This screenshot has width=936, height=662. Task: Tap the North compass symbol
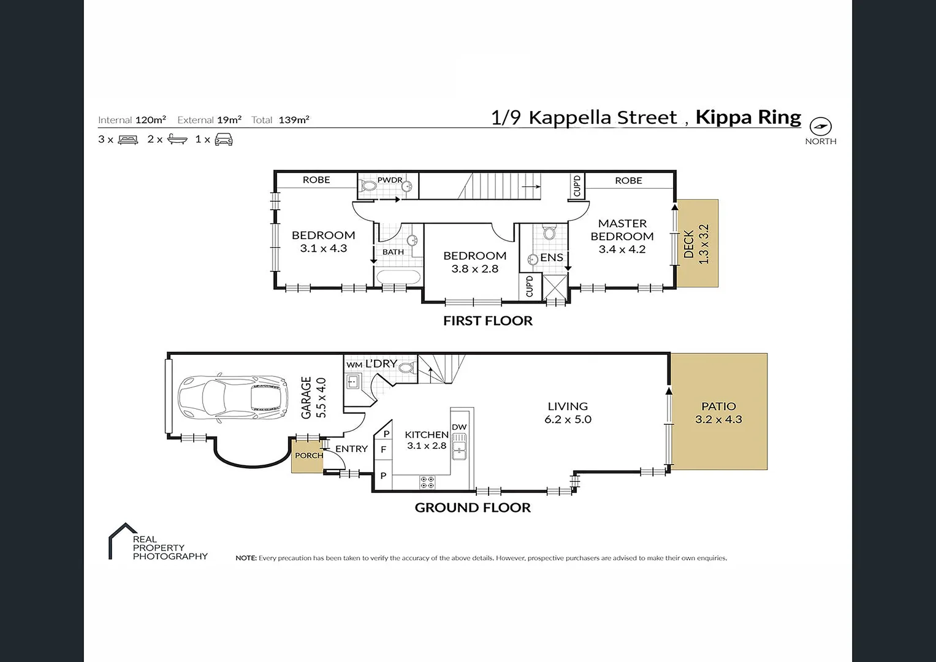pyautogui.click(x=821, y=126)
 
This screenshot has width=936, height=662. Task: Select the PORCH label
pyautogui.click(x=309, y=455)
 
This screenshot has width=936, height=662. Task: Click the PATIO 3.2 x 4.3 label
pyautogui.click(x=719, y=413)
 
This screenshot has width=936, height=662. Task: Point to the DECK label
pyautogui.click(x=688, y=244)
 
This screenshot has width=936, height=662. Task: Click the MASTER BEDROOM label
pyautogui.click(x=622, y=230)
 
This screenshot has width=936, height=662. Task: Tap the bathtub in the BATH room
pyautogui.click(x=397, y=276)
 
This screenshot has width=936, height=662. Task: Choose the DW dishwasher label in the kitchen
pyautogui.click(x=459, y=427)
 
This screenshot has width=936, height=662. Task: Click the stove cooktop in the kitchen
pyautogui.click(x=427, y=482)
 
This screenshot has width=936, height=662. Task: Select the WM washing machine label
pyautogui.click(x=354, y=365)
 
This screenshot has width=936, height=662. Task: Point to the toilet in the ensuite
pyautogui.click(x=549, y=233)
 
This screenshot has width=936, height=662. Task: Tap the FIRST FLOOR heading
pyautogui.click(x=488, y=321)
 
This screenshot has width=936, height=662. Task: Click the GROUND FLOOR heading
pyautogui.click(x=473, y=508)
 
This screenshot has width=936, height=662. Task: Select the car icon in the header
pyautogui.click(x=224, y=139)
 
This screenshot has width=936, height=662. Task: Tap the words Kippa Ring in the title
pyautogui.click(x=748, y=118)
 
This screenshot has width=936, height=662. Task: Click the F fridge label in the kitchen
pyautogui.click(x=383, y=450)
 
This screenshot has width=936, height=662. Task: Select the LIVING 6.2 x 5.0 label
pyautogui.click(x=568, y=413)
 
